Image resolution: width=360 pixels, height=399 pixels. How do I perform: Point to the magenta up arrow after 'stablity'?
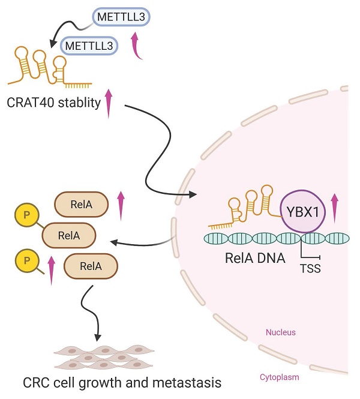point(109,103)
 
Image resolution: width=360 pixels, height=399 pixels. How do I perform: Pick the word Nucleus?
point(281,331)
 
